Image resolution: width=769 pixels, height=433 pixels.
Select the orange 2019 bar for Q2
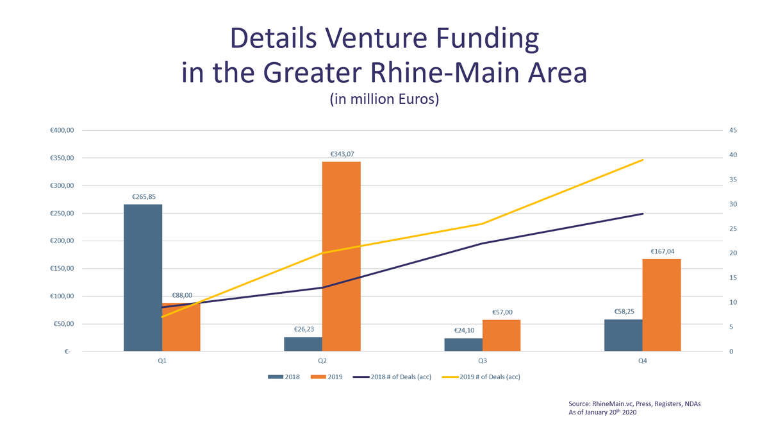pyautogui.click(x=342, y=256)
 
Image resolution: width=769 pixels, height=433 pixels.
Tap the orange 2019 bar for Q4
pyautogui.click(x=661, y=305)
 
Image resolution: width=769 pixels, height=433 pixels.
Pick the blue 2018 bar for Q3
pyautogui.click(x=463, y=344)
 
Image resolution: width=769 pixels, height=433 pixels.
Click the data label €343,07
pyautogui.click(x=342, y=154)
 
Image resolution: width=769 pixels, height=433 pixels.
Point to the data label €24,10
pyautogui.click(x=463, y=331)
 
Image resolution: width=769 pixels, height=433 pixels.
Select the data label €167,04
pyautogui.click(x=661, y=252)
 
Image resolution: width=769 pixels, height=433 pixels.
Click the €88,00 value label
pyautogui.click(x=182, y=296)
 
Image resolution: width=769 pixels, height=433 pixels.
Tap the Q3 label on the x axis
pyautogui.click(x=483, y=361)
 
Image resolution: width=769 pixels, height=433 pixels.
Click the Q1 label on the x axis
pyautogui.click(x=162, y=361)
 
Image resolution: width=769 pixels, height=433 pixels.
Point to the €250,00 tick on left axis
pyautogui.click(x=62, y=214)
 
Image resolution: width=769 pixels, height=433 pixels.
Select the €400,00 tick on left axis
pyautogui.click(x=62, y=131)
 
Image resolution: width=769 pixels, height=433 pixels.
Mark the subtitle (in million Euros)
pyautogui.click(x=384, y=100)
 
